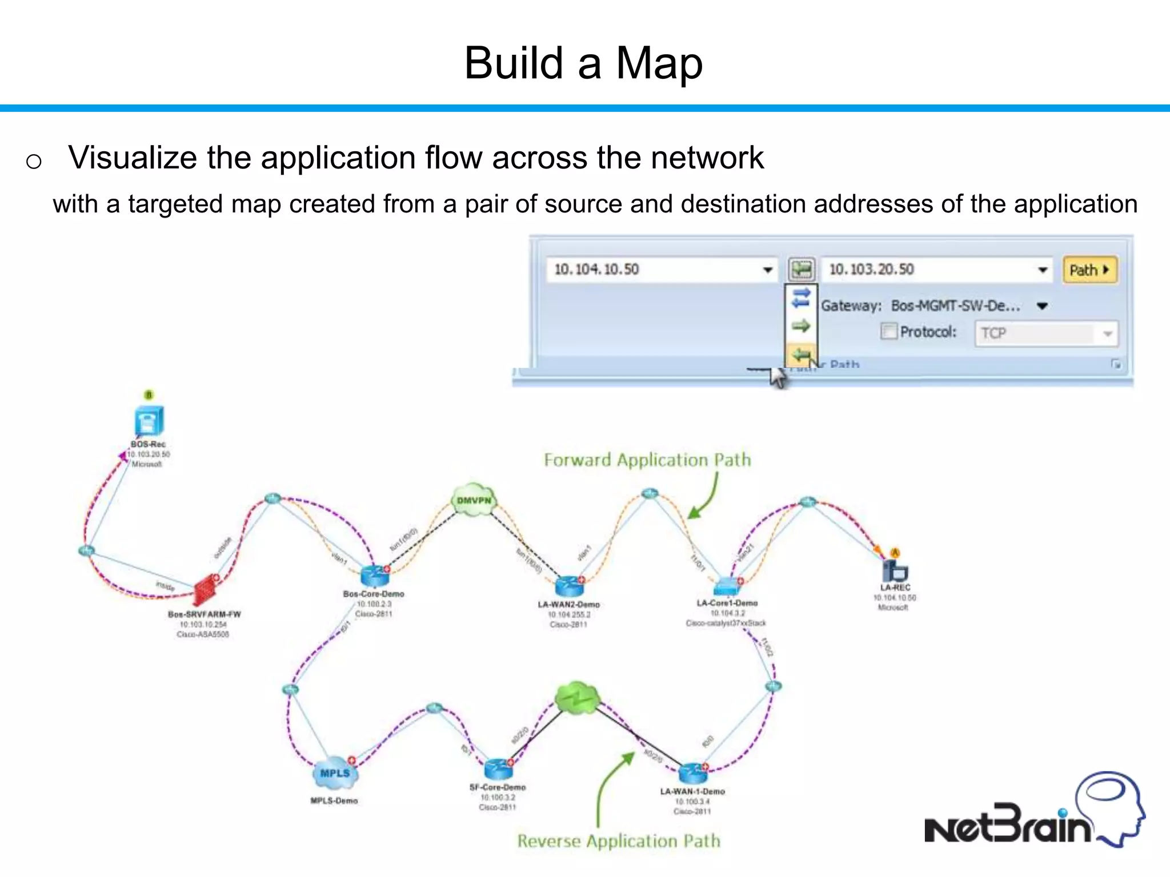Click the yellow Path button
(1089, 270)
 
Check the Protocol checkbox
(888, 332)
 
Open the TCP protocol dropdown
(1107, 334)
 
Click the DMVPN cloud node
(474, 501)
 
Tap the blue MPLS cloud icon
(335, 773)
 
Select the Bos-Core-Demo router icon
(374, 576)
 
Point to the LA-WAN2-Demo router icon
(568, 586)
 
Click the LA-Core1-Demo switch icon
(726, 586)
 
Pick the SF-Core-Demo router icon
(498, 769)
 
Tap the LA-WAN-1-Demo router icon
(692, 773)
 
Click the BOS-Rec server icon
(149, 421)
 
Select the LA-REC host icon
(895, 570)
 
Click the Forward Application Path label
(647, 460)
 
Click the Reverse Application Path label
(619, 841)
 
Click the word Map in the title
(659, 63)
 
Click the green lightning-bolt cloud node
(577, 698)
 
